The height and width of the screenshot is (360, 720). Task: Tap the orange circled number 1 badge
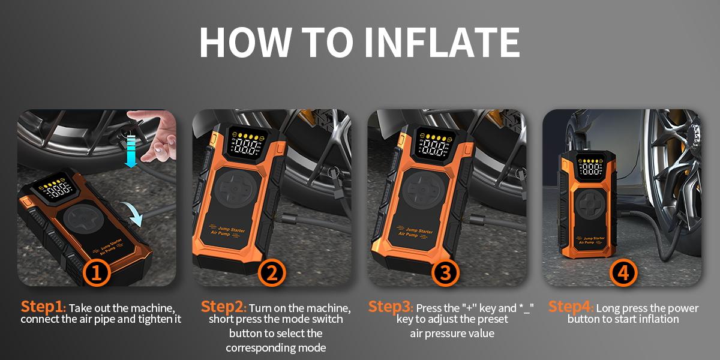coord(98,273)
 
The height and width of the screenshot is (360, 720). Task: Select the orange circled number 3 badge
coord(445,273)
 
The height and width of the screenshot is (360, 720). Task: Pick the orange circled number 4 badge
coord(623,273)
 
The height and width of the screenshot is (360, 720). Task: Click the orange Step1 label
coord(42,307)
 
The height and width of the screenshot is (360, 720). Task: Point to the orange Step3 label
coord(390,307)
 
